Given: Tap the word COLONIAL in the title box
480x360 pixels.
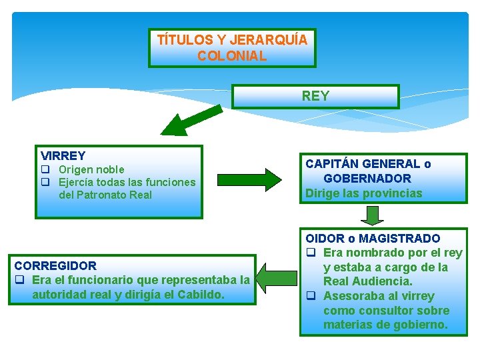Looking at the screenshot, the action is pos(232,56).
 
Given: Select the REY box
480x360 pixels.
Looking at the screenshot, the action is pos(315,96).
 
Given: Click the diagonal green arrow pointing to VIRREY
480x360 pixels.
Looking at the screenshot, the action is pos(189,118).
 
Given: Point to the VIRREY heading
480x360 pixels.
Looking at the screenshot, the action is pos(63,156).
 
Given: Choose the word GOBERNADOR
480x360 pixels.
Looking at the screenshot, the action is pos(367,179).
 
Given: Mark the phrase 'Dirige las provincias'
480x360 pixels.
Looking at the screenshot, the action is pos(364,193).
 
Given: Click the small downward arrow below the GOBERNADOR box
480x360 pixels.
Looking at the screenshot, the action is pos(373,215).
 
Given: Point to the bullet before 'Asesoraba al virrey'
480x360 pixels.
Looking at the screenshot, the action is pos(311,296).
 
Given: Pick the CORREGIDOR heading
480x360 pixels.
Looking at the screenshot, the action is pos(55,265).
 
